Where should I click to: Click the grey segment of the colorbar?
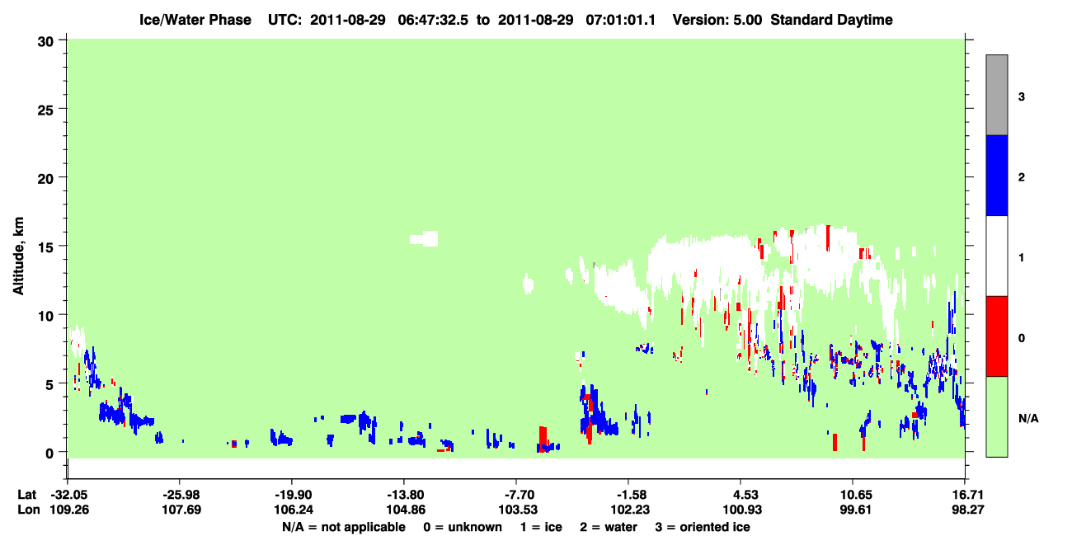(996, 95)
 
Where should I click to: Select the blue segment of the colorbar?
(996, 175)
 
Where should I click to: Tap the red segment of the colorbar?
(996, 336)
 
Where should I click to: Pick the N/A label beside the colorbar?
(1028, 419)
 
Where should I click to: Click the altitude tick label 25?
(45, 110)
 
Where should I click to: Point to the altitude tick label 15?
(45, 247)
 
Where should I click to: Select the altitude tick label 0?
(49, 454)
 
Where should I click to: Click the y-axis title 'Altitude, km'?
(18, 256)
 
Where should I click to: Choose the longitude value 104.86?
(406, 510)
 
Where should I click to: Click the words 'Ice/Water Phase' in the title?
(195, 20)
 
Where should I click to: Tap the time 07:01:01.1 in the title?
(621, 20)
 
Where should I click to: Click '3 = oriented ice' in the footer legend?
(703, 527)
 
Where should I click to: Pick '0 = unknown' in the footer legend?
(463, 527)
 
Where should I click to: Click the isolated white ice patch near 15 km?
(424, 238)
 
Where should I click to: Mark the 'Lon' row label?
(29, 510)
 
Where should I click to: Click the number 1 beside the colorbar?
(1021, 257)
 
